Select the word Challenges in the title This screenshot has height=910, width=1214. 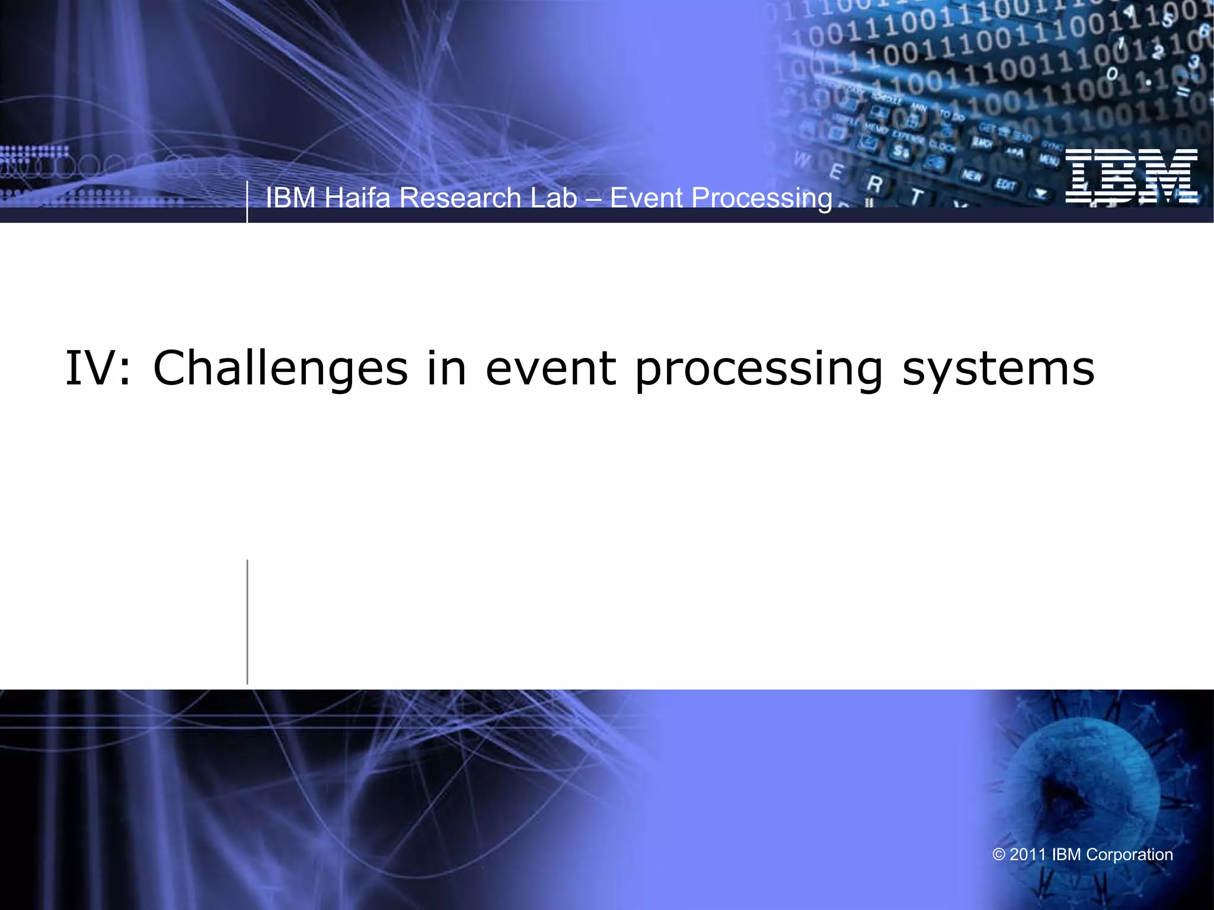coord(280,369)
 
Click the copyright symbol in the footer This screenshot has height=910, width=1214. coord(999,855)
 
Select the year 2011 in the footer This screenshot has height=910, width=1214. coord(1028,855)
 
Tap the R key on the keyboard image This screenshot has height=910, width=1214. coord(874,184)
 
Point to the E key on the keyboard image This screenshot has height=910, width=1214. coord(836,172)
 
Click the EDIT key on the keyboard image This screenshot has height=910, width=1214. coord(1005,185)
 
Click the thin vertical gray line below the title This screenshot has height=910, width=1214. coord(247,622)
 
